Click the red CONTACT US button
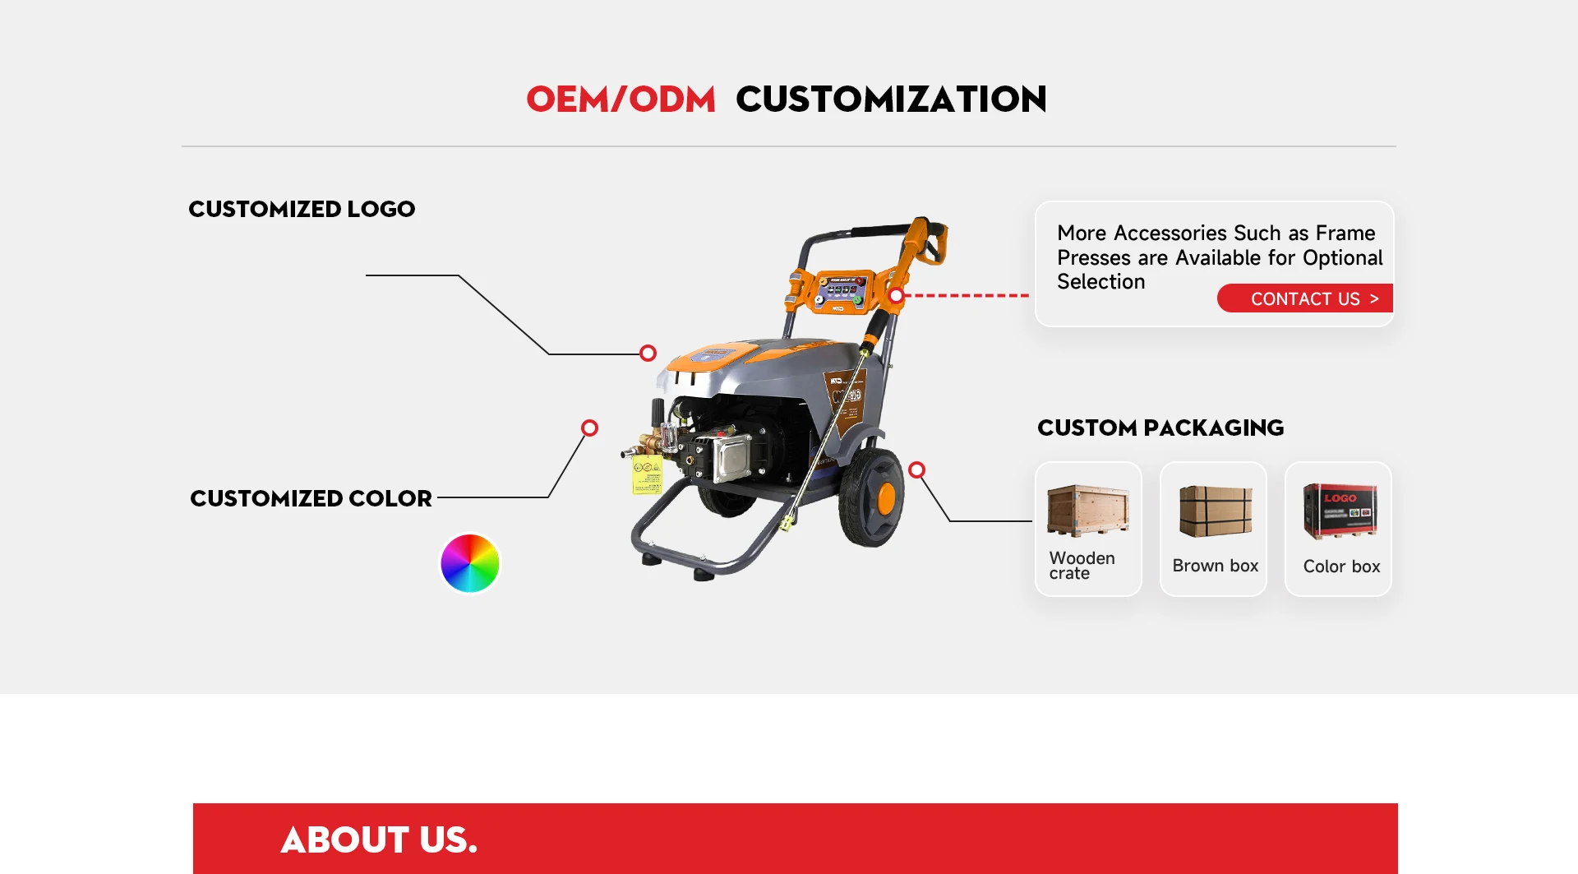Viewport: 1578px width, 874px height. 1305,298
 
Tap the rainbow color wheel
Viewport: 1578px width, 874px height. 470,563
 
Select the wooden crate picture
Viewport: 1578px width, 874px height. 1088,510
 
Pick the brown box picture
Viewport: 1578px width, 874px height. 1216,511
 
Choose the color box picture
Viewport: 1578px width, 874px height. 1340,511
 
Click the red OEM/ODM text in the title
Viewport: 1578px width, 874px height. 621,99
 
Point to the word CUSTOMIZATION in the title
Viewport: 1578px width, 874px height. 891,99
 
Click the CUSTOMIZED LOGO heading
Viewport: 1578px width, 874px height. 302,209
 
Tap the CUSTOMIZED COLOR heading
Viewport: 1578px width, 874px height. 311,498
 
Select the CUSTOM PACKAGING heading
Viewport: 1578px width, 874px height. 1160,428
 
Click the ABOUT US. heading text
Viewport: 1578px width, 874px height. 379,839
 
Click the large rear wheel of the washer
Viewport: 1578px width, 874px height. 871,497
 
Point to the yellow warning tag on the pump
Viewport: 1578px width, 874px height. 647,475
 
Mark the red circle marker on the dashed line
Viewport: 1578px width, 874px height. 897,296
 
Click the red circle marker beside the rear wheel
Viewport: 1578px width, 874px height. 917,469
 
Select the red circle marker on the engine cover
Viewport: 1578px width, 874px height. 648,353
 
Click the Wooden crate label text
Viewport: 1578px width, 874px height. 1082,566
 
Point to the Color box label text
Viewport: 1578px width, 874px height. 1341,566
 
